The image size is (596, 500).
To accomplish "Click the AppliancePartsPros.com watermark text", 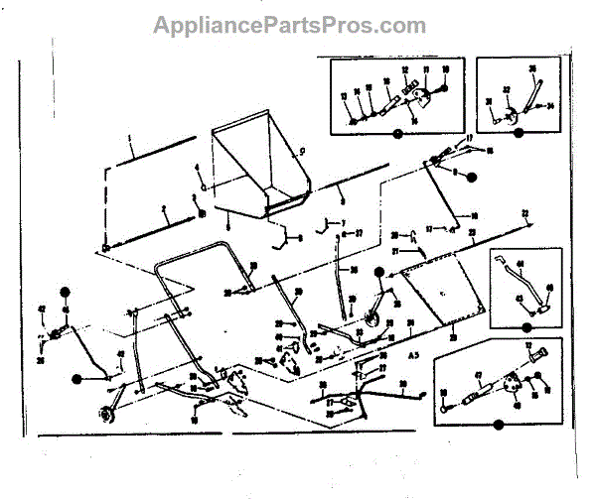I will (289, 25).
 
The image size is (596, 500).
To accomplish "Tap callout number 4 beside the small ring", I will (197, 167).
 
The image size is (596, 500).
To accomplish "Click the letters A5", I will (415, 353).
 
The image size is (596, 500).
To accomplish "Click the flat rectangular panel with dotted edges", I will (443, 291).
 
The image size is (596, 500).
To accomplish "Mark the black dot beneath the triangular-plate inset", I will (499, 425).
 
